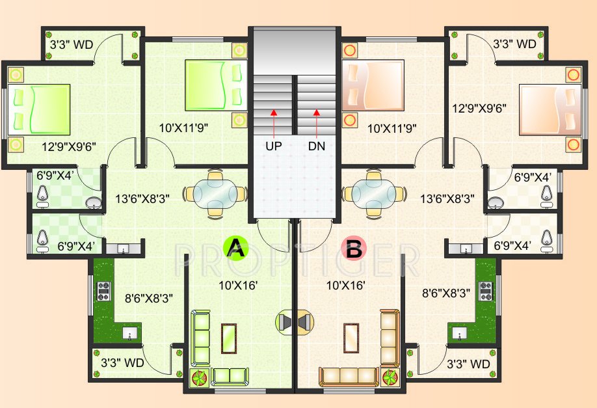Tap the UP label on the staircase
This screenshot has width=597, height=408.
[x=274, y=146]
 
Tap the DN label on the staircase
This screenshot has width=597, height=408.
[x=317, y=146]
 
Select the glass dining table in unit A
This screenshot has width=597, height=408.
[x=215, y=193]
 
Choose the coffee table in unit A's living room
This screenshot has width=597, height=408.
[x=228, y=338]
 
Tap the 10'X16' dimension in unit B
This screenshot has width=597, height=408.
[x=346, y=284]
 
